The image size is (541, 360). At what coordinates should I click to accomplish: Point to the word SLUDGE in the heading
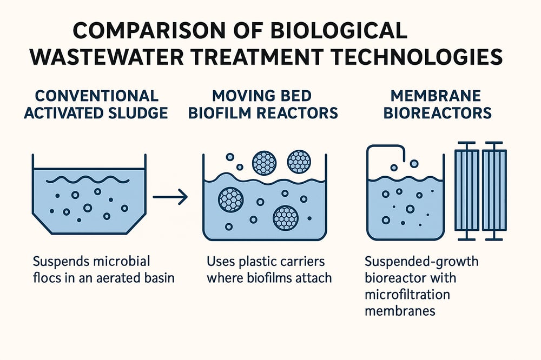click(138, 113)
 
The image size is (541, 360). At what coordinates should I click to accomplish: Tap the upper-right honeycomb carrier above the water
click(299, 161)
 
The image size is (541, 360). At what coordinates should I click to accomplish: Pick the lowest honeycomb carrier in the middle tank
click(286, 218)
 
